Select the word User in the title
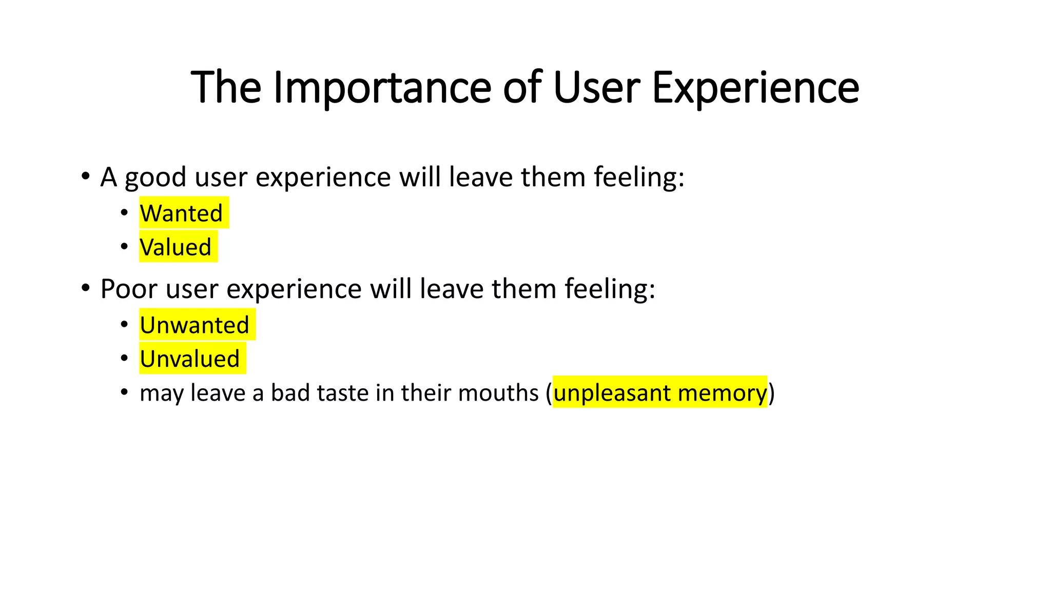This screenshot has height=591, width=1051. [x=596, y=88]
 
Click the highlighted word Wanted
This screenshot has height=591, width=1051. [x=181, y=213]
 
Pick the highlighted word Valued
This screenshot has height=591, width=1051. [x=176, y=247]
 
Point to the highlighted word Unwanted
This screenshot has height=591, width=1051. [x=194, y=325]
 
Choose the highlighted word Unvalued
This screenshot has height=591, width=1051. [x=190, y=359]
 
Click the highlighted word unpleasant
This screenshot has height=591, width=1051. [x=612, y=393]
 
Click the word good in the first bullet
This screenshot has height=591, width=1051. [x=155, y=178]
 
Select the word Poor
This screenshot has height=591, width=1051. [x=129, y=289]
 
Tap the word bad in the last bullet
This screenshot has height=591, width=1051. [x=290, y=393]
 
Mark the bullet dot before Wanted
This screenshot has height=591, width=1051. [x=124, y=212]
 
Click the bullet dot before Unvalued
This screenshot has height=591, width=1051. [x=124, y=358]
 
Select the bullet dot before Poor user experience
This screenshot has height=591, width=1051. [x=86, y=287]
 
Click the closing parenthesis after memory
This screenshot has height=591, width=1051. [x=771, y=393]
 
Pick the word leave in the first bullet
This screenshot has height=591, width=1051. [x=481, y=177]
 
